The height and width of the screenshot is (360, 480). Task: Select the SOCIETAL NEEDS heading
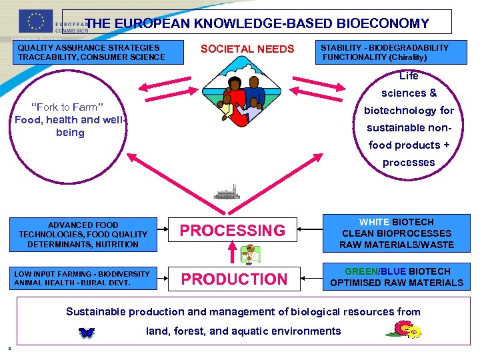(247, 49)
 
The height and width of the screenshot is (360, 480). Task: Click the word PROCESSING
(232, 231)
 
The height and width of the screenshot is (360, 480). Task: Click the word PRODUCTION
(234, 279)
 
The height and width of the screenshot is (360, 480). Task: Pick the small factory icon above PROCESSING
(227, 195)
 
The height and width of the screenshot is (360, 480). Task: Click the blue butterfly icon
(86, 332)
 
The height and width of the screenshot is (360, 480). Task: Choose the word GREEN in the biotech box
(361, 271)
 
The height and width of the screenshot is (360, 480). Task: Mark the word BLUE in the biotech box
(393, 271)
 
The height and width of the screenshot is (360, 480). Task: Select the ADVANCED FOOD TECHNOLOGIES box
(83, 235)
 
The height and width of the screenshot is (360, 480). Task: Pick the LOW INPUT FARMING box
(83, 278)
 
